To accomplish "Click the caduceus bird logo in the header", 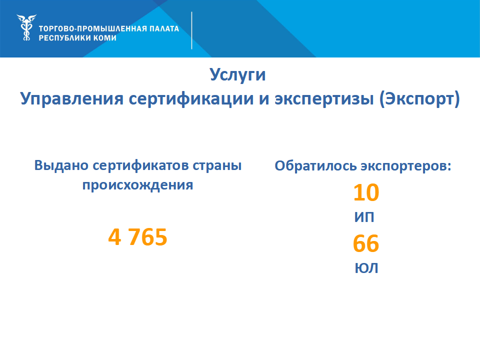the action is [x=26, y=27].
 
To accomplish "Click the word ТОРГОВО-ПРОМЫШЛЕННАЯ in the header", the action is [x=93, y=29].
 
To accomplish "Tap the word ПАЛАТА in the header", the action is [x=164, y=29].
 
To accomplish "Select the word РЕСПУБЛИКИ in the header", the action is [x=64, y=38].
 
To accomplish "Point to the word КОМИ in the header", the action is [x=105, y=38].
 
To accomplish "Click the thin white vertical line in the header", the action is [x=191, y=30].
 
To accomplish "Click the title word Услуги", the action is [x=237, y=75].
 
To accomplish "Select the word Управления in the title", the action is [x=72, y=99].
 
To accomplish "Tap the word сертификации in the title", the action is [x=191, y=99].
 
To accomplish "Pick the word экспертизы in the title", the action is [x=324, y=99].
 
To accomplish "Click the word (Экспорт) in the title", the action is [x=419, y=99].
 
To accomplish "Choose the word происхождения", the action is [x=138, y=185].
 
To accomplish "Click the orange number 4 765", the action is [x=138, y=237].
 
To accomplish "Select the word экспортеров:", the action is [x=406, y=166].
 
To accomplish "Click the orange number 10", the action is [x=366, y=192].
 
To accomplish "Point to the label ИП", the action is [x=364, y=217].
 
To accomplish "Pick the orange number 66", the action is [x=366, y=243].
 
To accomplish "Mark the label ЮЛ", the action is [x=366, y=268].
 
